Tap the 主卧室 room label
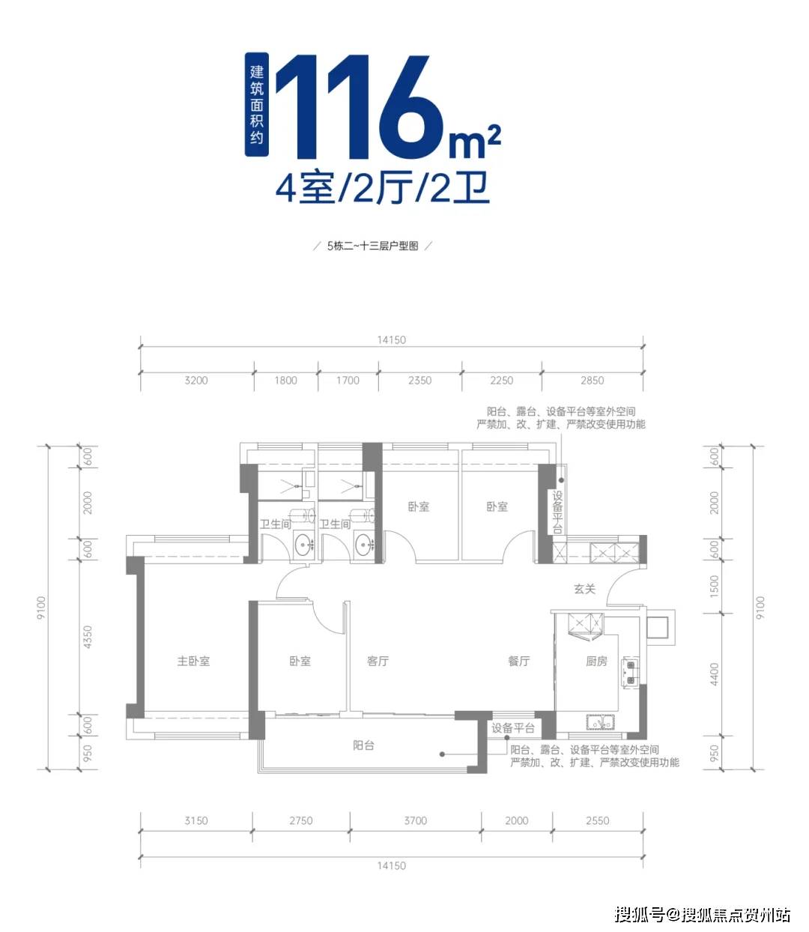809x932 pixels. pos(193,661)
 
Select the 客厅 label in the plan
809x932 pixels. pos(378,661)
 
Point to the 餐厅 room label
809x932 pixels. pos(518,661)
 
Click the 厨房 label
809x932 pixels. pos(596,661)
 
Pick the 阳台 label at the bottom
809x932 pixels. pos(363,745)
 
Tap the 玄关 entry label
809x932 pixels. pos(584,589)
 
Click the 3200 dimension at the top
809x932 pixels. pos(196,381)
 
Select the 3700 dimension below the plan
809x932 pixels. pos(415,820)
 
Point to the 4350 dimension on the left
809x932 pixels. pos(88,638)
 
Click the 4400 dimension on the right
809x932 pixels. pos(714,674)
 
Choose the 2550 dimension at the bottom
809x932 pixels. pos(597,820)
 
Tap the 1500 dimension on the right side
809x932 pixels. pos(714,587)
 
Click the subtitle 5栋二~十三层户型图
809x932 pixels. pos(372,246)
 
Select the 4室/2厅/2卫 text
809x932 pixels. pos(383,188)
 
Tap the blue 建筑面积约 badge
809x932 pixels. pos(256,105)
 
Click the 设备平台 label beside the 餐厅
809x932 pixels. pos(512,728)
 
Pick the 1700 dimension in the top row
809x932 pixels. pos(348,381)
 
